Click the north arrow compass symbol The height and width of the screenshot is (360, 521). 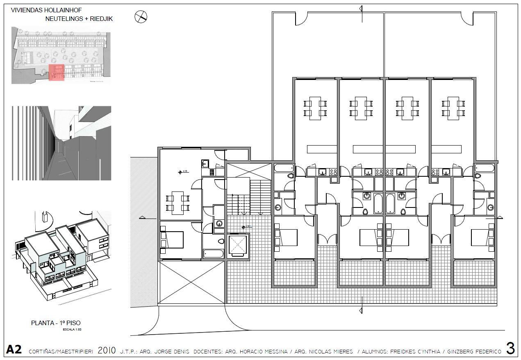tap(141, 17)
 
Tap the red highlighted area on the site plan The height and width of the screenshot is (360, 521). tap(57, 73)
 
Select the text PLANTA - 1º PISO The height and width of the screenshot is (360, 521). tap(56, 323)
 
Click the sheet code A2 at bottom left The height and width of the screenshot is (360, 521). tap(14, 350)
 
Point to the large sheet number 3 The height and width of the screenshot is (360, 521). tap(510, 349)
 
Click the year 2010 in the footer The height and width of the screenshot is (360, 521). tap(107, 351)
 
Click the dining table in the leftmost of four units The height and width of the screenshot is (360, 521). tap(315, 108)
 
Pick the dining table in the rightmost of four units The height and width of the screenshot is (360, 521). tap(453, 108)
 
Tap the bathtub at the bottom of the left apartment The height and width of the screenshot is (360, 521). tap(214, 254)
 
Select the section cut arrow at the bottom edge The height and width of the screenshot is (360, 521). tap(360, 310)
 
